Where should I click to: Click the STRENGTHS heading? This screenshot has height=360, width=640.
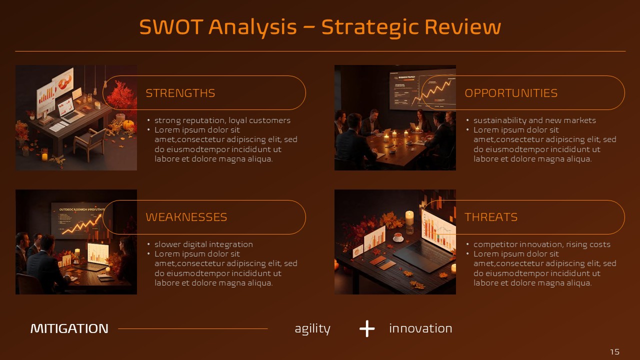tap(180, 93)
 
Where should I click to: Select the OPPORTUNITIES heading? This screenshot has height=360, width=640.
tap(511, 93)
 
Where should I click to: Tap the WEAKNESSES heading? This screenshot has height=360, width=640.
tap(186, 217)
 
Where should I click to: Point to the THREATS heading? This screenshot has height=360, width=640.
tap(491, 217)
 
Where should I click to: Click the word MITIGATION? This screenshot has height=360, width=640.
tap(69, 328)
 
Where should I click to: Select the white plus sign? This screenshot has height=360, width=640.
tap(367, 328)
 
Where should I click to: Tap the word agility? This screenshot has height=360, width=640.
tap(312, 329)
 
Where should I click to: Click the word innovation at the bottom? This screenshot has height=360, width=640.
tap(420, 328)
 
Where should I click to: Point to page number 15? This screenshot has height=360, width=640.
tap(615, 351)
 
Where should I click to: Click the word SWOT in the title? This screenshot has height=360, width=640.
tap(171, 27)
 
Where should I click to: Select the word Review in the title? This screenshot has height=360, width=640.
tap(463, 27)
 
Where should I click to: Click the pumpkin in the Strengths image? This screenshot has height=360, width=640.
tap(128, 124)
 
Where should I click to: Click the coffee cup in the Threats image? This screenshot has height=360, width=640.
tap(398, 237)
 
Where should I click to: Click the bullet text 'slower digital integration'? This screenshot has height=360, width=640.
tap(203, 244)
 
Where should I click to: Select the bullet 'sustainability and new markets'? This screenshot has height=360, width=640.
tap(534, 120)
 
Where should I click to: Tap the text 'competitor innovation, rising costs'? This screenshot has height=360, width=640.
tap(541, 244)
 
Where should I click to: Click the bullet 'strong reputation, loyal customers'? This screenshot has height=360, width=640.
tap(222, 120)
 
